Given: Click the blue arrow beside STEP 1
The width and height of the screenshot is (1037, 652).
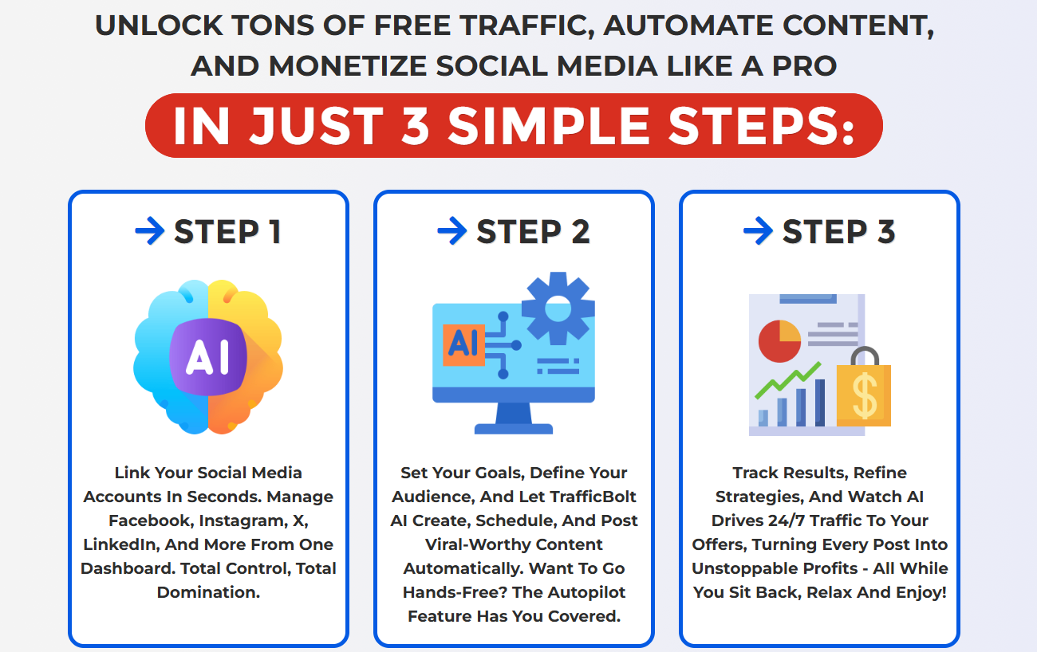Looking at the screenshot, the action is coord(149,230).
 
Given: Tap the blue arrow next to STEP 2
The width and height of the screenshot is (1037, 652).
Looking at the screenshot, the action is coord(451,230).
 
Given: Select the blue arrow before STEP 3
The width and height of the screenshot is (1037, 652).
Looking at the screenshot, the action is coord(758,230).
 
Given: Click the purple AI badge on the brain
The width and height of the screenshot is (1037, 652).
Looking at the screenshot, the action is coord(208,357).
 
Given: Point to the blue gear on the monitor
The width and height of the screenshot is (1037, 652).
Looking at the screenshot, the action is coord(558,308).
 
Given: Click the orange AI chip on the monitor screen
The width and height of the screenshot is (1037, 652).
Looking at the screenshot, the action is coord(463,345).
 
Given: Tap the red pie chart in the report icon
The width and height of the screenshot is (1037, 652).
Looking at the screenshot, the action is coord(779,341).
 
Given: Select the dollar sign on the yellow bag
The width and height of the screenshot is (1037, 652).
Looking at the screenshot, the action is coord(865,395).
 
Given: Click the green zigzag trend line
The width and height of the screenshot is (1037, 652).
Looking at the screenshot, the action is coord(788,380).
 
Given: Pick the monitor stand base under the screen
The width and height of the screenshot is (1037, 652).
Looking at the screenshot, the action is coord(514,429).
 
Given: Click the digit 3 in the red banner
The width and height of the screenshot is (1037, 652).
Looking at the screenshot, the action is coord(416,125).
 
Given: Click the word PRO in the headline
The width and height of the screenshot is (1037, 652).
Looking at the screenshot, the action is coord(805,66).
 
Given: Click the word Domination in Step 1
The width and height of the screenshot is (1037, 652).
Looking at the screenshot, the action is coord(208,592).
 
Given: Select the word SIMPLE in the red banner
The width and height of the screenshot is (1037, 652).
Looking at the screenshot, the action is coord(550,125).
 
